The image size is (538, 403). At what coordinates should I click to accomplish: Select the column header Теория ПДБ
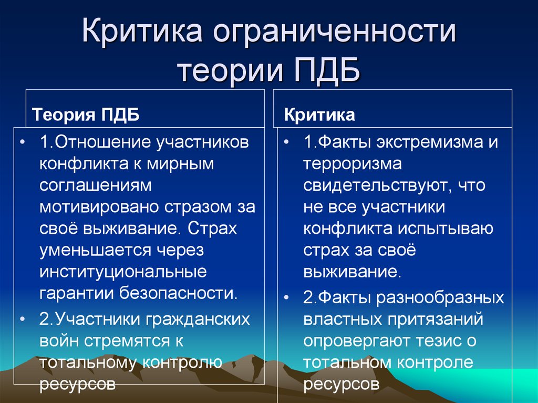click(87, 115)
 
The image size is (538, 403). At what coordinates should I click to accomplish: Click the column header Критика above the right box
click(320, 115)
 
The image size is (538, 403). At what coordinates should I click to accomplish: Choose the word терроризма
click(352, 163)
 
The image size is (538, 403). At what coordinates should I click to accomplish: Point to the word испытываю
click(448, 229)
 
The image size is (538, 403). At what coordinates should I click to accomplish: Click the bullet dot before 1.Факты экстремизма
click(285, 143)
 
